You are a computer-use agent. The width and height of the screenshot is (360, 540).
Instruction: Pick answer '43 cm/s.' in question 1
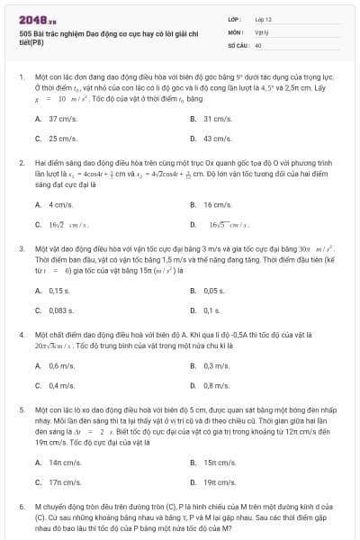tap(218, 139)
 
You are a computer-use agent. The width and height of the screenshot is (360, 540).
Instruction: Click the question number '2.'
tap(21, 162)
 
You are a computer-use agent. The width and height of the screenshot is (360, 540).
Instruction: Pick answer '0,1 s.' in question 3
tap(212, 310)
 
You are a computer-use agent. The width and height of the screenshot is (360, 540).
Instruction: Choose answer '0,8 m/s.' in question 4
tap(216, 385)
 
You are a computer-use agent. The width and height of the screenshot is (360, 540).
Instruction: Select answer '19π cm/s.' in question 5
tap(220, 481)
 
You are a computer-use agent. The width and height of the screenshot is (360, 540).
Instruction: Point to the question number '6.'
tap(21, 506)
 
